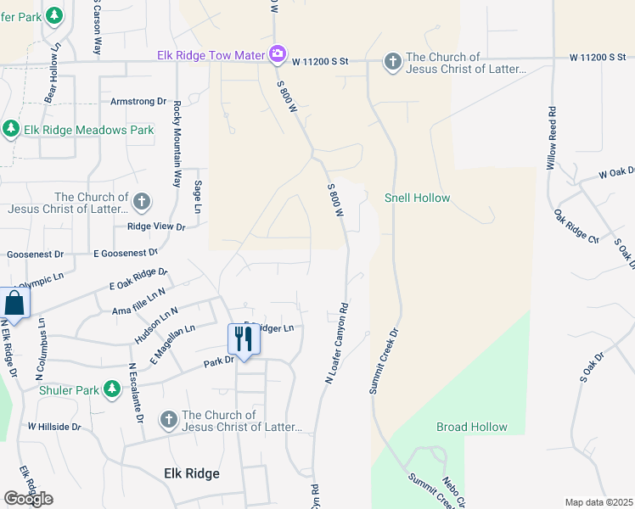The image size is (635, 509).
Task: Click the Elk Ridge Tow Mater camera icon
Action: point(277,56)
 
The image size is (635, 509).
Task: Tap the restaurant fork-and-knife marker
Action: point(244,338)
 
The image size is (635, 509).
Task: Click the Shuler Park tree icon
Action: point(111,389)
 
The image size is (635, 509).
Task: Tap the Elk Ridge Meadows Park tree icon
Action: point(10,129)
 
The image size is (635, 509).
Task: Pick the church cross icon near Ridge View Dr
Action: point(142,202)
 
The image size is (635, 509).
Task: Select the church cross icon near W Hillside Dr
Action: point(168,420)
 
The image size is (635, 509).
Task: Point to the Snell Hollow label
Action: point(417,199)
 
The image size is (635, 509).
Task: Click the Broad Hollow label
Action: point(472,427)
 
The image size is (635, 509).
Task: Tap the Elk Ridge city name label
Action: point(191,473)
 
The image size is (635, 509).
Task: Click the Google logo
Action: point(28,498)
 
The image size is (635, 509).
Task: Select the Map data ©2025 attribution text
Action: point(598,502)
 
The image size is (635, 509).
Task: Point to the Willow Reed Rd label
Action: point(551,136)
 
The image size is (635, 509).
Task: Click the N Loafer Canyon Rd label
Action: point(336,344)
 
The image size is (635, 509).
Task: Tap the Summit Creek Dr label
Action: point(385,357)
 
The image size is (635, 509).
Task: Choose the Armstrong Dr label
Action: point(138,101)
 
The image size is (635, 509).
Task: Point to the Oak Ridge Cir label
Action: point(575,227)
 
